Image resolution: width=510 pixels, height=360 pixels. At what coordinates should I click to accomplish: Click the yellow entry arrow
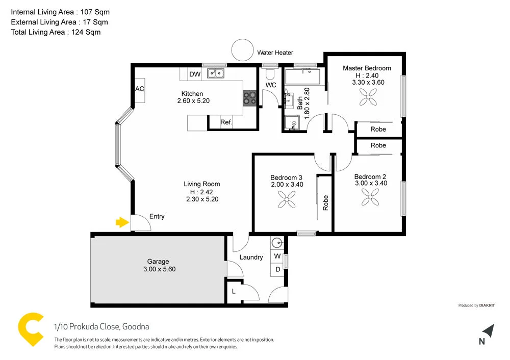(x=122, y=222)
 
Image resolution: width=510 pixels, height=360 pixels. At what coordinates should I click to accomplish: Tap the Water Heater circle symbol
(x=242, y=50)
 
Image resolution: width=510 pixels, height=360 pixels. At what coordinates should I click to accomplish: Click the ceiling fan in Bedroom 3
(x=287, y=201)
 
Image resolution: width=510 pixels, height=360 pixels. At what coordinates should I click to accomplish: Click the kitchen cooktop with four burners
(x=249, y=97)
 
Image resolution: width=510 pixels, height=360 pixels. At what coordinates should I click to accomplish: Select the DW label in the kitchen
(x=194, y=74)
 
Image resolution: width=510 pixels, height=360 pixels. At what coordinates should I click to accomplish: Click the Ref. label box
(x=226, y=122)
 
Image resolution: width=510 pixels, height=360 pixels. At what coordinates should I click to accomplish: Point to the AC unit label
(x=140, y=89)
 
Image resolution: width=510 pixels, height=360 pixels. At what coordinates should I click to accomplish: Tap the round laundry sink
(x=277, y=243)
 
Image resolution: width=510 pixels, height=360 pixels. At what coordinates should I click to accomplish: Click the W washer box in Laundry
(x=277, y=256)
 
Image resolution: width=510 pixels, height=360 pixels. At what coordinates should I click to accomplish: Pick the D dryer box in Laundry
(x=277, y=269)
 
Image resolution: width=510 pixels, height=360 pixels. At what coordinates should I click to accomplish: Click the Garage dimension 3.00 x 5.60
(x=158, y=269)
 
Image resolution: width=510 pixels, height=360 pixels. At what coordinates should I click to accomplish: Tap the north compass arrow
(x=488, y=331)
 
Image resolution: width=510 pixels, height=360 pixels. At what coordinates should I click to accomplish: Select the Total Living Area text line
(x=56, y=32)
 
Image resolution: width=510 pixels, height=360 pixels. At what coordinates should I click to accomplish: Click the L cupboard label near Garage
(x=234, y=291)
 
